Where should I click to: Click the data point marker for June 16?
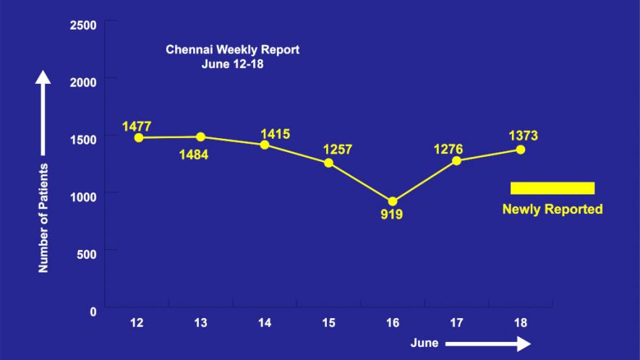pos(393,202)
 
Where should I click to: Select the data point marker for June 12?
pos(137,137)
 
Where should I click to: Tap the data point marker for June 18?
pos(520,150)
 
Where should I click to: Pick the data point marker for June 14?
pos(265,145)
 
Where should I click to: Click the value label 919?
pos(391,215)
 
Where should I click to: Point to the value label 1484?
pos(193,154)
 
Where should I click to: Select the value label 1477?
pos(137,127)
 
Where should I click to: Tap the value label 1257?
pos(336,150)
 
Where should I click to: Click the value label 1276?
pos(448,149)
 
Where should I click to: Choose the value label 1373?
pos(523,136)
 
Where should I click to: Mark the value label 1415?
pos(275,134)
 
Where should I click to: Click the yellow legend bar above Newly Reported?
pos(552,188)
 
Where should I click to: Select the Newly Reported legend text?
pos(552,210)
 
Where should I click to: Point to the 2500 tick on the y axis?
pos(83,26)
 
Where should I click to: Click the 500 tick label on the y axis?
pos(87,254)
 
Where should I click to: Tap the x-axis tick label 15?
pos(328,322)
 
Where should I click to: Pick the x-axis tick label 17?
pos(456,322)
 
